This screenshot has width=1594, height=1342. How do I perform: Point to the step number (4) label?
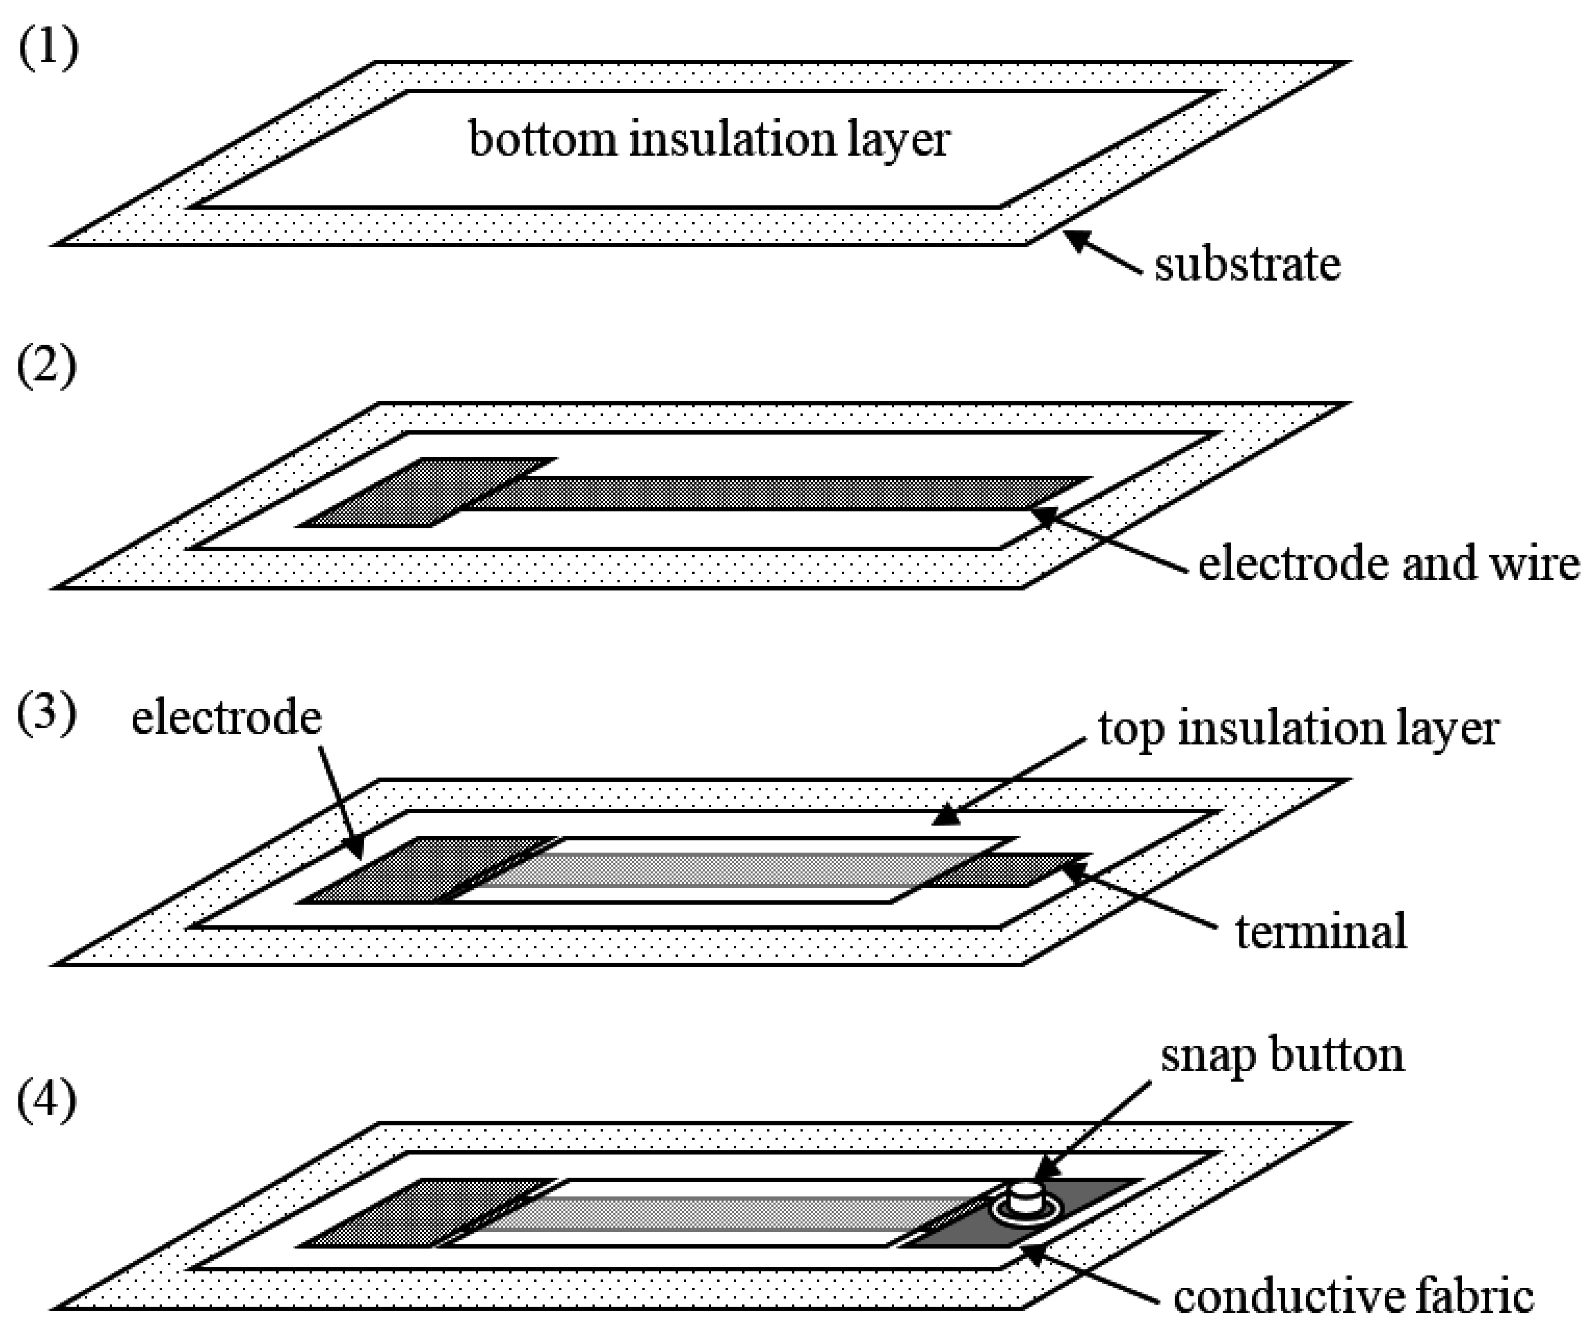click(x=47, y=1100)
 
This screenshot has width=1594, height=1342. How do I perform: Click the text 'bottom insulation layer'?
click(x=709, y=141)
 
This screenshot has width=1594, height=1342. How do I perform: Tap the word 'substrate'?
click(x=1247, y=265)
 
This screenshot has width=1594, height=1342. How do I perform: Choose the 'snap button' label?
click(x=1282, y=1056)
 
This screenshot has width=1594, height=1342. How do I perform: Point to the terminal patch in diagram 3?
click(x=1004, y=870)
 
